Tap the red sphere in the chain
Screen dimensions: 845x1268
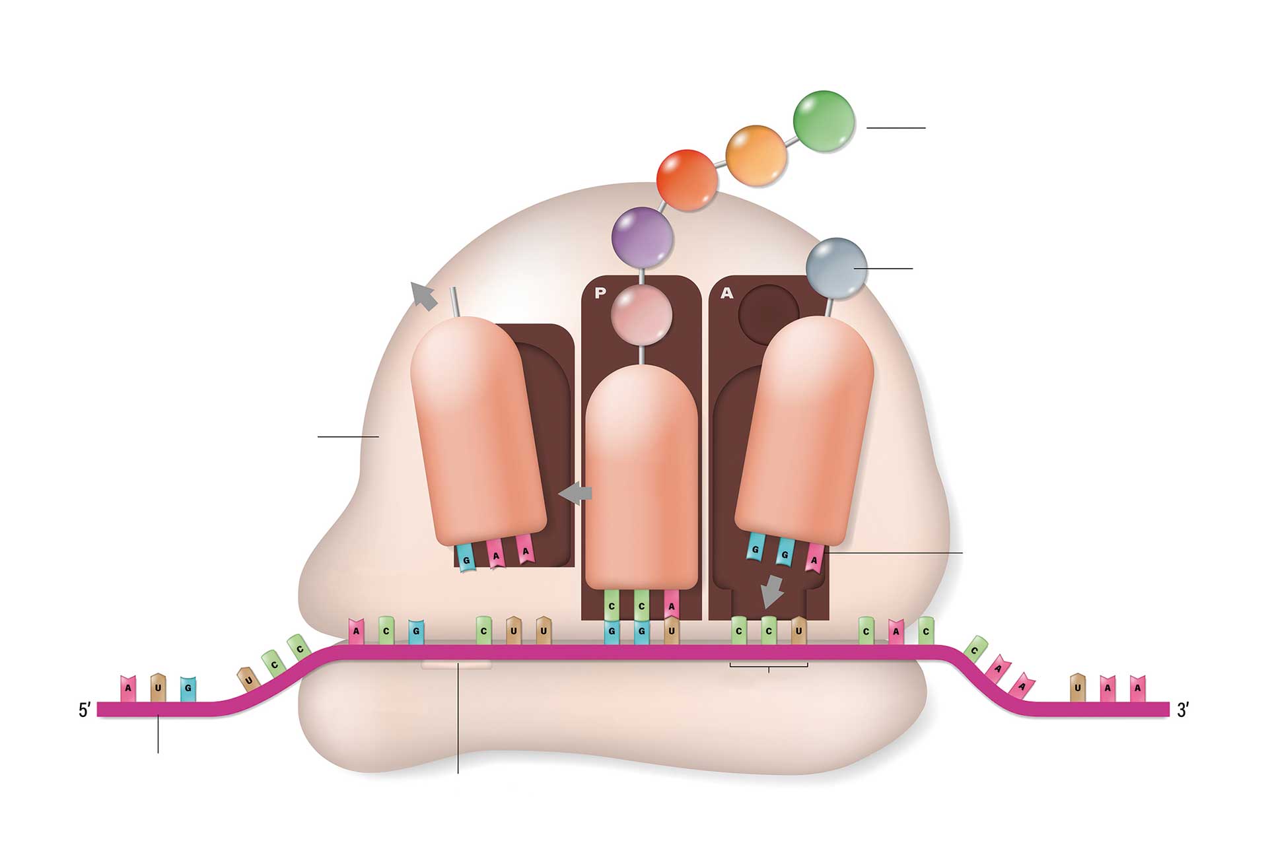point(687,180)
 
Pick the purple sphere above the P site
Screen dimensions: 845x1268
point(642,236)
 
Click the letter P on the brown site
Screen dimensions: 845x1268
point(600,294)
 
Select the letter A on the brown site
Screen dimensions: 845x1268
point(726,294)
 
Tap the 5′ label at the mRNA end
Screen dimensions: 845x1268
point(85,710)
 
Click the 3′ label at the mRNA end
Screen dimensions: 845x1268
point(1183,710)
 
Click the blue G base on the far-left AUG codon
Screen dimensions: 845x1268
point(188,688)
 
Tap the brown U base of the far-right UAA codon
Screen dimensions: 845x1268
point(1077,687)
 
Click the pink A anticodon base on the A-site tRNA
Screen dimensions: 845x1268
point(814,558)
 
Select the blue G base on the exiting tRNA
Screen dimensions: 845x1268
point(466,558)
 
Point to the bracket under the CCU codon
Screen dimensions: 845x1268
point(769,666)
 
